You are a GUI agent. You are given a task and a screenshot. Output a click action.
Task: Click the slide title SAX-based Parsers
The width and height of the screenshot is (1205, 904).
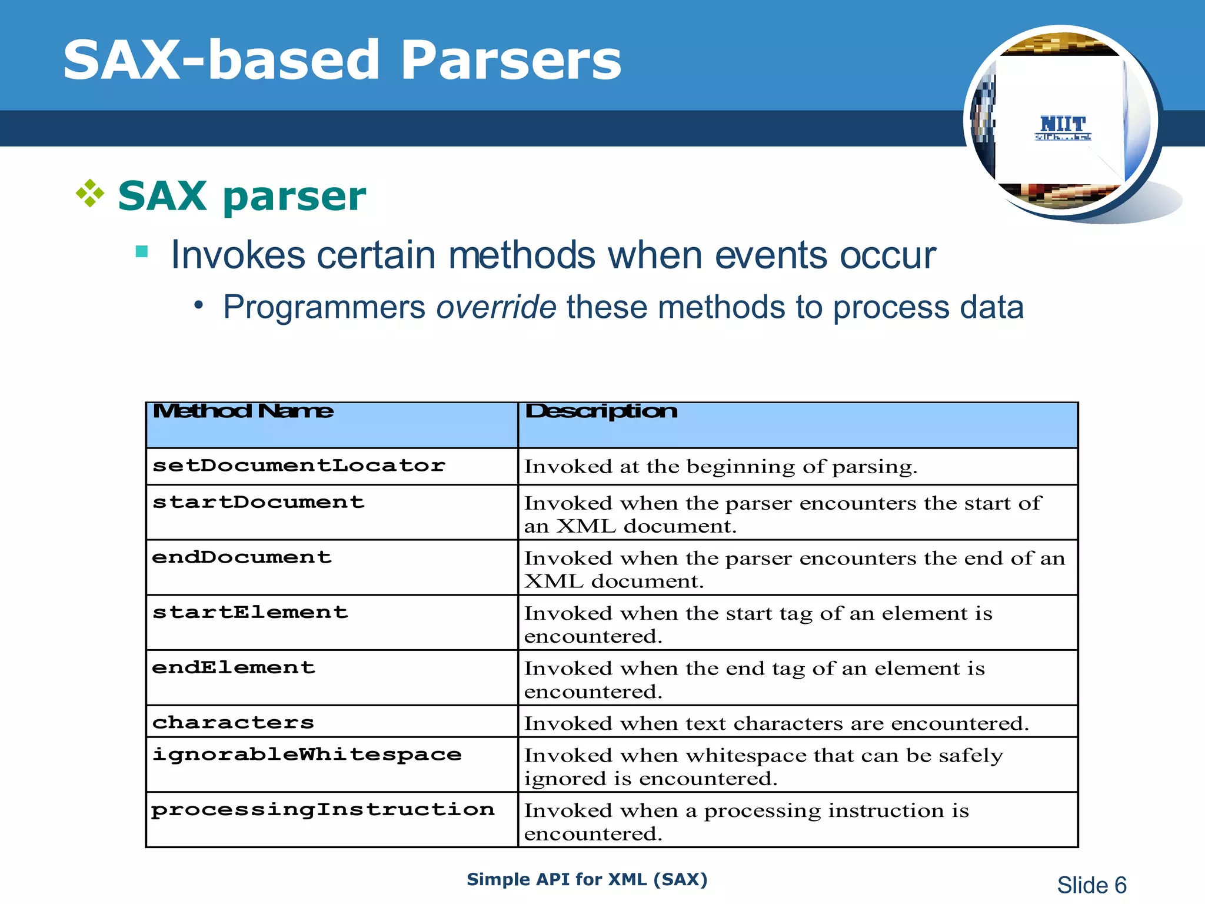coord(342,60)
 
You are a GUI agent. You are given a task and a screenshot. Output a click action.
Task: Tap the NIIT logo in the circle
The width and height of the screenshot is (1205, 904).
coord(1063,127)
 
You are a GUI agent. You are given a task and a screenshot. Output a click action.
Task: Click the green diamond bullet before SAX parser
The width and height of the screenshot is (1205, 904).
coord(90,194)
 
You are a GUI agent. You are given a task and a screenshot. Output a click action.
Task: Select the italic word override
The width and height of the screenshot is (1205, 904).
coord(496,307)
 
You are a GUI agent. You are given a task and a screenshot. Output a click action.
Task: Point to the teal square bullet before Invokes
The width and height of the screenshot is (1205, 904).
coord(141,252)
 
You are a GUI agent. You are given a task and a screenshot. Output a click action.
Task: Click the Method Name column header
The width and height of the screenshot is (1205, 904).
coord(242,411)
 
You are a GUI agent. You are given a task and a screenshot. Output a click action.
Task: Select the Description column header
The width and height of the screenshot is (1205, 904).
coord(601,411)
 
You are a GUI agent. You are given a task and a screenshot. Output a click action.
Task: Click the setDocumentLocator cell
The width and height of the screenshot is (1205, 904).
coord(298,466)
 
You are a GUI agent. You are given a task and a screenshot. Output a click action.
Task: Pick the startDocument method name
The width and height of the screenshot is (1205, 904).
coord(258,502)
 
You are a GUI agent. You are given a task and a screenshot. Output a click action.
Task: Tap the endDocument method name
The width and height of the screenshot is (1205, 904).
coord(242,557)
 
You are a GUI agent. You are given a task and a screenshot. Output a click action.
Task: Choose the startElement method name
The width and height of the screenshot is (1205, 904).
coord(250,612)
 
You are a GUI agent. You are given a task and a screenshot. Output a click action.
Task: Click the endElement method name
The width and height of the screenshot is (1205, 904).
coord(234,667)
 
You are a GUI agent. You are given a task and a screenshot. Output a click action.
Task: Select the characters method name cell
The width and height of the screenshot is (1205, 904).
coord(233,722)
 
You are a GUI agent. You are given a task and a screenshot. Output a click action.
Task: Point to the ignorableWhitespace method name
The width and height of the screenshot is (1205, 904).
coord(307,755)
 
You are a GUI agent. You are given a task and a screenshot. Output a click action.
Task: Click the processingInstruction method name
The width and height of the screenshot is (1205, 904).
coord(322,810)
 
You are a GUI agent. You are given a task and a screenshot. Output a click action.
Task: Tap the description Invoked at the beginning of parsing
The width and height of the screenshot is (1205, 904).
coord(720,467)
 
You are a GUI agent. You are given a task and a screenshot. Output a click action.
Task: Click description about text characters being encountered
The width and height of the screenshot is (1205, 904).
coord(776,723)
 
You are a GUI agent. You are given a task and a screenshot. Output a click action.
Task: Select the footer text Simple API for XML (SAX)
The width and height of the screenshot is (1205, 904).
coord(587,879)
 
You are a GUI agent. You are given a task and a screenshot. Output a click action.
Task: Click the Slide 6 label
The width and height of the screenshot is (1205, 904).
coord(1091,885)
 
